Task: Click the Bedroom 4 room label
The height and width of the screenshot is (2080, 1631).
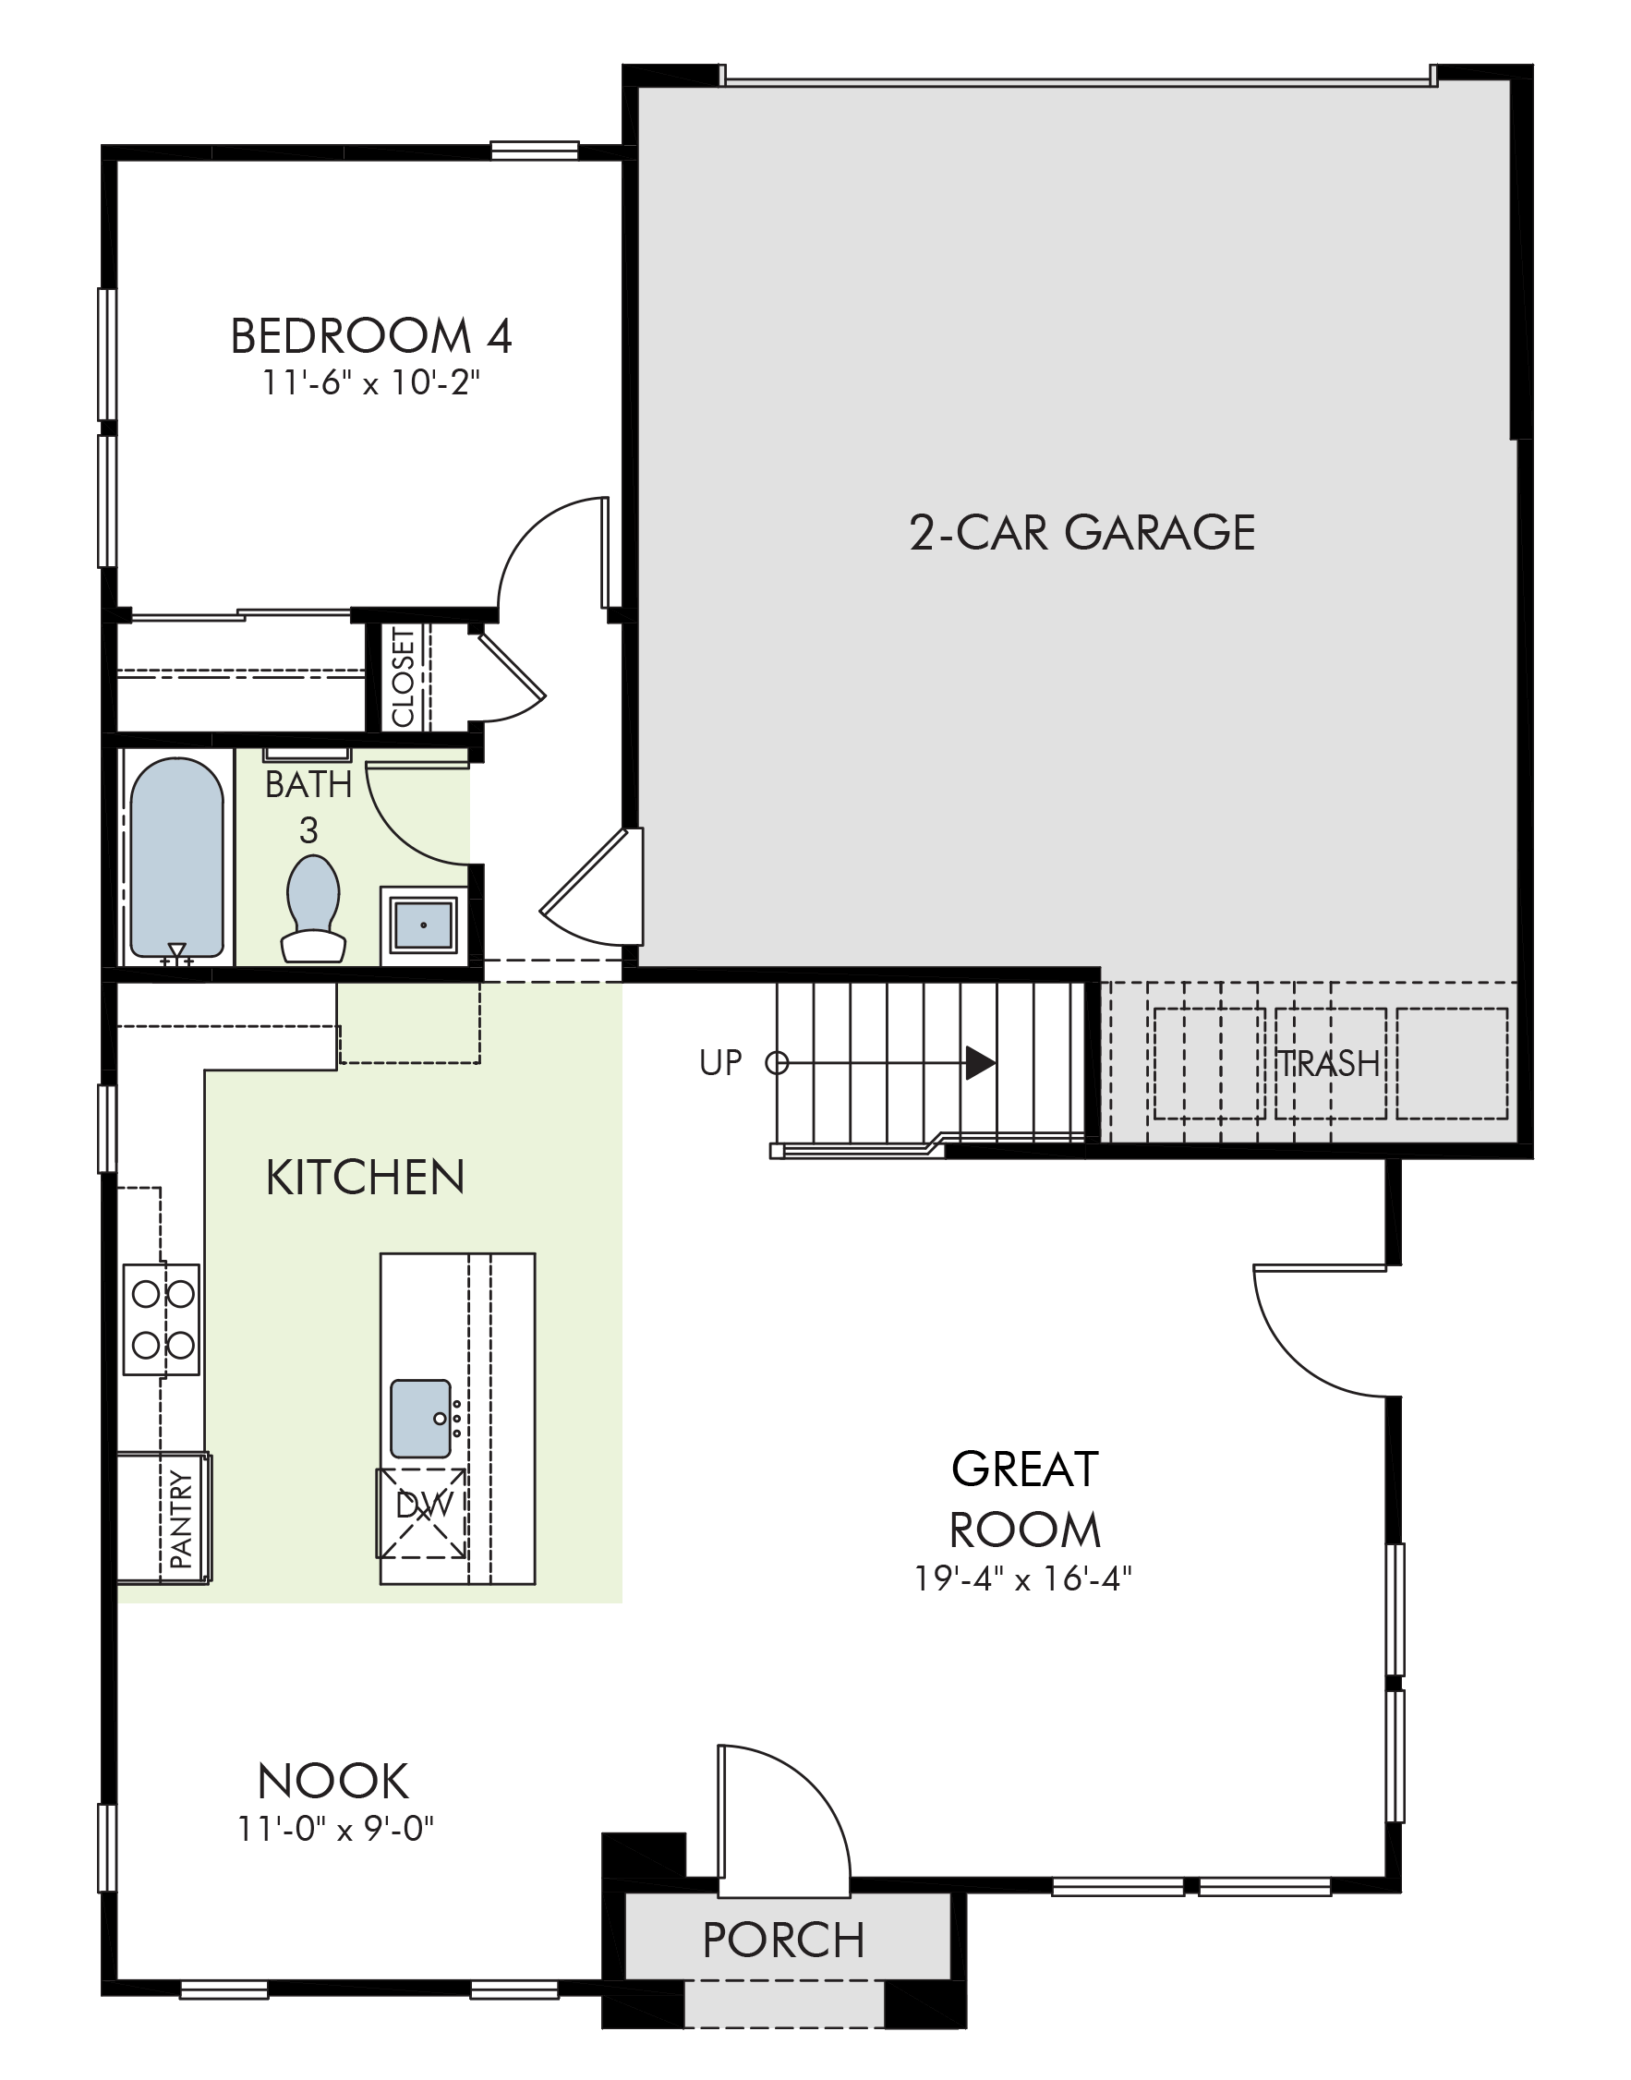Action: pos(371,336)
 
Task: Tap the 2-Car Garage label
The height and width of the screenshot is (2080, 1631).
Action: pos(1081,532)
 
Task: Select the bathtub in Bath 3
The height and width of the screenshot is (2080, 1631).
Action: pos(176,858)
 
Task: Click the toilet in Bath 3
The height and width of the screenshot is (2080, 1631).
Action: pos(313,908)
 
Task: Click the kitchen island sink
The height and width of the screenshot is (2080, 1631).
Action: pos(421,1417)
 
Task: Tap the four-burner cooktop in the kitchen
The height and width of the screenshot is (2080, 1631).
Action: pos(162,1320)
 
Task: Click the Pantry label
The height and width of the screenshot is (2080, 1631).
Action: pos(180,1519)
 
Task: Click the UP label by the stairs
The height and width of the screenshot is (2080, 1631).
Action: pos(720,1062)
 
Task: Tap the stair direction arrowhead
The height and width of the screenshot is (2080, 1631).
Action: pos(981,1062)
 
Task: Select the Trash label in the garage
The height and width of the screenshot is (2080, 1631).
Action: pos(1329,1063)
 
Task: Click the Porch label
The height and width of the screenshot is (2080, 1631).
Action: pos(783,1940)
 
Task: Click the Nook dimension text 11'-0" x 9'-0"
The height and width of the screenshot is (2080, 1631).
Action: pos(336,1828)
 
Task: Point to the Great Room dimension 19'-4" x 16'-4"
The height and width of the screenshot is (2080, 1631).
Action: pos(1022,1578)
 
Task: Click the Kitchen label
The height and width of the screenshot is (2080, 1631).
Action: pos(366,1178)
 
